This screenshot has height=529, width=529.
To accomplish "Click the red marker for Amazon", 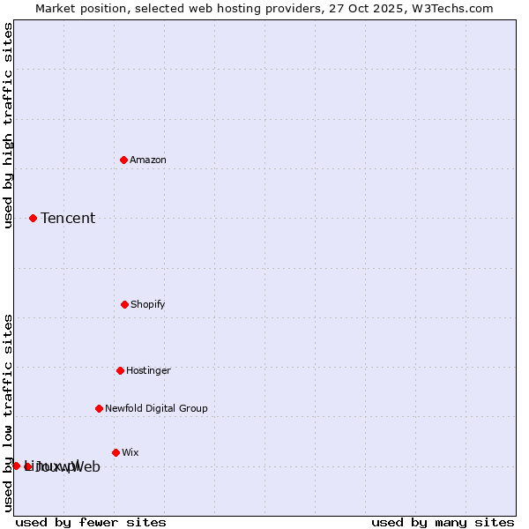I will coord(124,160).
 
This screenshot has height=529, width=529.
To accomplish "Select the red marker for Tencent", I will coord(34,218).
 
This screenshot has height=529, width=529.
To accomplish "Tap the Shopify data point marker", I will coord(124,304).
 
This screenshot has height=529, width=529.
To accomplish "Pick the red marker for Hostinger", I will coord(120,370).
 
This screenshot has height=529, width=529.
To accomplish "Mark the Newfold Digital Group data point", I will coord(99,408).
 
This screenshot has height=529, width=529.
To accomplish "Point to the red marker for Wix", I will coord(115,452).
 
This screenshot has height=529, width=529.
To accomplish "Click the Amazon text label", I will coord(148,160).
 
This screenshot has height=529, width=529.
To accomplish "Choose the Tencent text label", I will coord(68,218).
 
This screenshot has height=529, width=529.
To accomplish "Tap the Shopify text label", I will coord(148,304).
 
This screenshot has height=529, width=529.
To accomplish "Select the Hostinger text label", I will coord(148,370).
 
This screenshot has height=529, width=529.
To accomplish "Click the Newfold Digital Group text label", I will coord(156,408).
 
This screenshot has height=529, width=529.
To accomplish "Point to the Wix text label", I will coord(130,452).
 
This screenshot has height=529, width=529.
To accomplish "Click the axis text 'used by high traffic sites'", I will coord(8,125).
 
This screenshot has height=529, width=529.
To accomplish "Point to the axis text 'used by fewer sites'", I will coord(91,522).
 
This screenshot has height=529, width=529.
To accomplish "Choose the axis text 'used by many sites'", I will coord(443,522).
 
